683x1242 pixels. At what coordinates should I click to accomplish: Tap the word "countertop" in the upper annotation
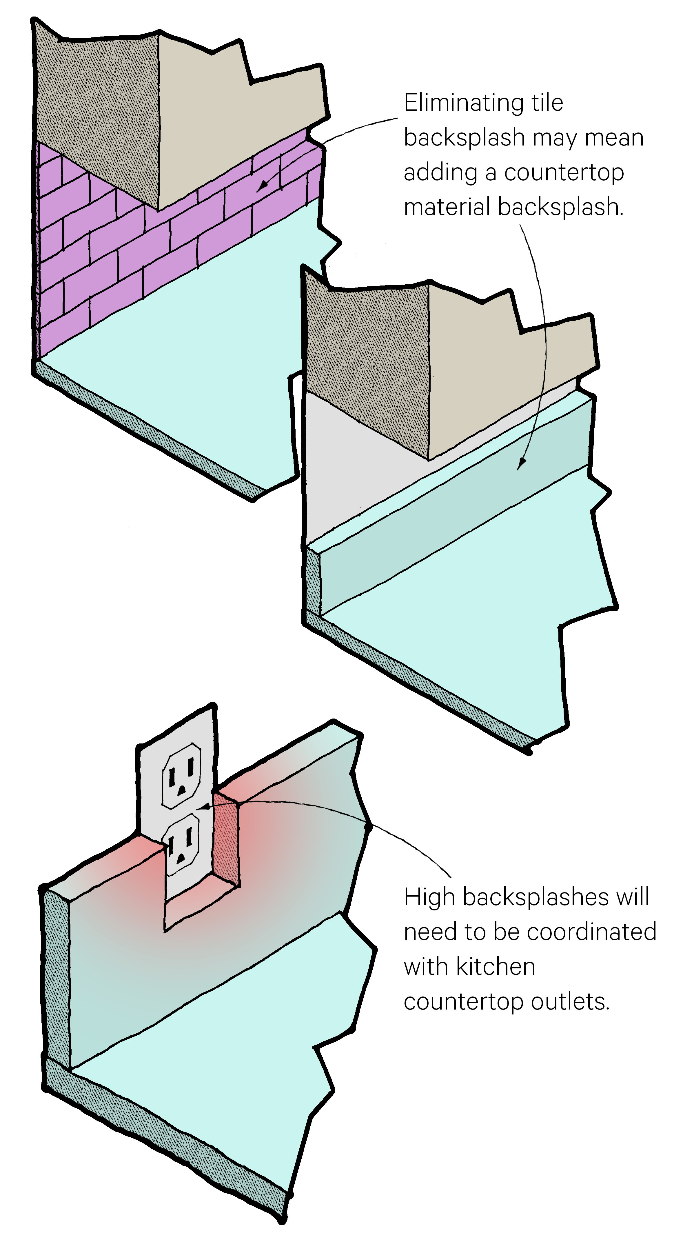click(x=564, y=173)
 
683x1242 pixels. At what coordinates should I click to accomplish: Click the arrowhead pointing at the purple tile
click(x=261, y=187)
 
